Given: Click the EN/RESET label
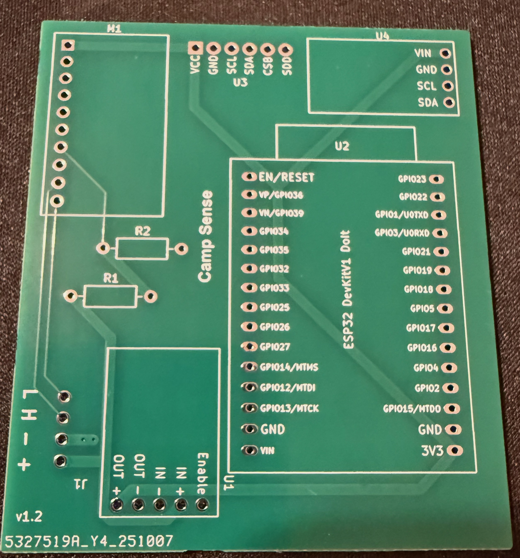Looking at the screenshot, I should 286,177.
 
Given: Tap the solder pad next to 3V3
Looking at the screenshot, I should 455,451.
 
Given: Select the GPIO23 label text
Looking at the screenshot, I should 412,179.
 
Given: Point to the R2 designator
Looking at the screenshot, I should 143,231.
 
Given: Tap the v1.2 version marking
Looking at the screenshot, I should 29,517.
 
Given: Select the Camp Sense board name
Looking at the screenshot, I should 206,236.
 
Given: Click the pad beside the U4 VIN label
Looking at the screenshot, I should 446,53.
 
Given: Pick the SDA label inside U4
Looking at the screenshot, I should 428,103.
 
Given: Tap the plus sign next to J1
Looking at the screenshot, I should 24,465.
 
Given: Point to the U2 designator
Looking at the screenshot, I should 342,146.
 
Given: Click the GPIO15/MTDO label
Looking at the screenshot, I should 412,409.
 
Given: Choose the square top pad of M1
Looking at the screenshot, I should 68,44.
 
